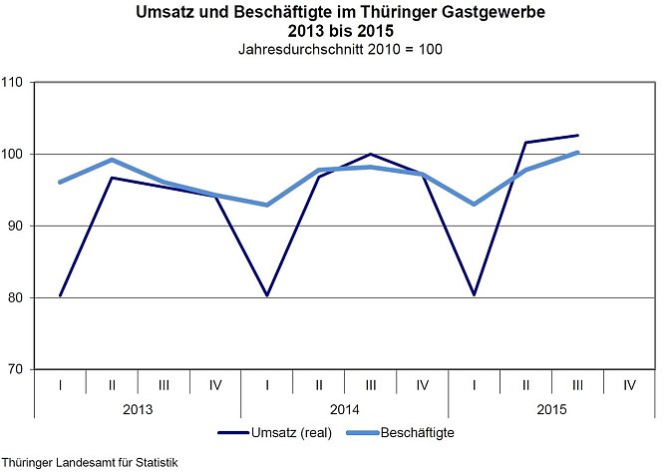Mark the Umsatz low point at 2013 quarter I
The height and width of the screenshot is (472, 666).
click(x=61, y=295)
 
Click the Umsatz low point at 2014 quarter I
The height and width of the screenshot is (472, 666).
click(x=267, y=295)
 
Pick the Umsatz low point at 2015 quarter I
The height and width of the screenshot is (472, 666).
click(x=475, y=294)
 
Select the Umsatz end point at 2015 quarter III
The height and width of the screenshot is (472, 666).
click(x=578, y=135)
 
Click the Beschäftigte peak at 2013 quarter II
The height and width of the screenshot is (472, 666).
click(x=112, y=160)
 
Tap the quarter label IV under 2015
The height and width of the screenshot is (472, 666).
click(x=630, y=382)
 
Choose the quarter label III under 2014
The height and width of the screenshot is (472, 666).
click(x=371, y=382)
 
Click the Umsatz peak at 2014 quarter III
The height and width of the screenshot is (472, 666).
click(x=371, y=154)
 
